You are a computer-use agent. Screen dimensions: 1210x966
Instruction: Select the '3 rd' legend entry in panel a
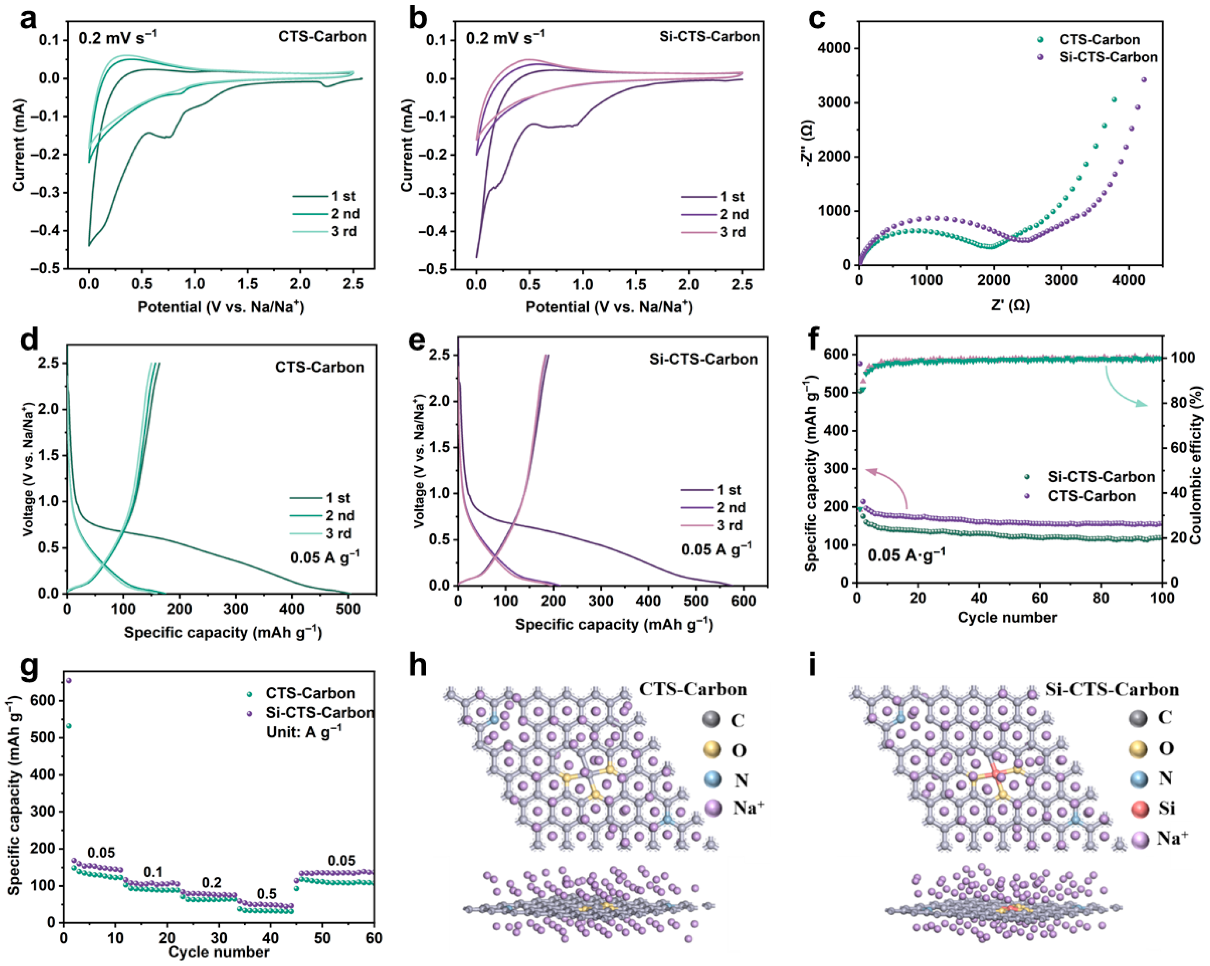click(325, 231)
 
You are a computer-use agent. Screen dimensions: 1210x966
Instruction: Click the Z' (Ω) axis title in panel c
click(1010, 305)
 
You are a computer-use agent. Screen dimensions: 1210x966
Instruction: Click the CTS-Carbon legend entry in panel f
click(1080, 496)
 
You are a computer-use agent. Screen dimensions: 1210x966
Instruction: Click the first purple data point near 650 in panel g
click(68, 680)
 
